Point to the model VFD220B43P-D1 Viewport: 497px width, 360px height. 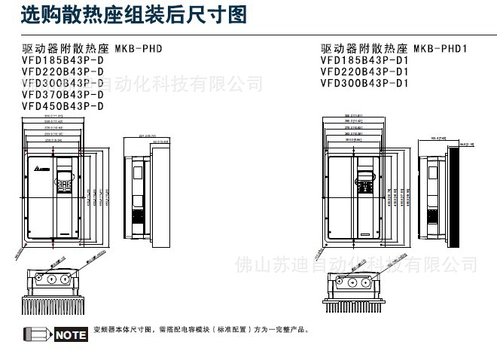coord(364,72)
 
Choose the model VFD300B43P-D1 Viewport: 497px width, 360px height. coord(364,84)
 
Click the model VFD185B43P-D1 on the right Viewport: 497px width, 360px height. coord(364,61)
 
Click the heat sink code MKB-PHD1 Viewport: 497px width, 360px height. coord(441,49)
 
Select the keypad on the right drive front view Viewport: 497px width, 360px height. coord(364,185)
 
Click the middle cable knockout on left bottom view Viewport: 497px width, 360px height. coord(51,278)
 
